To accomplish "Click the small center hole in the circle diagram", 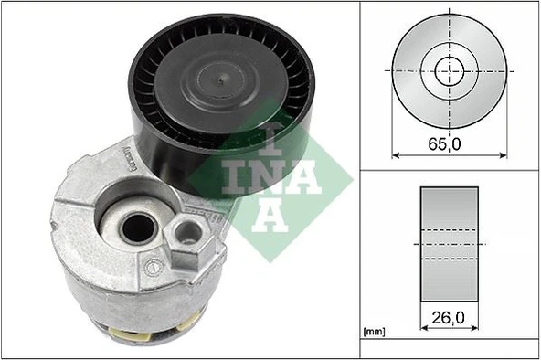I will pyautogui.click(x=449, y=68).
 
